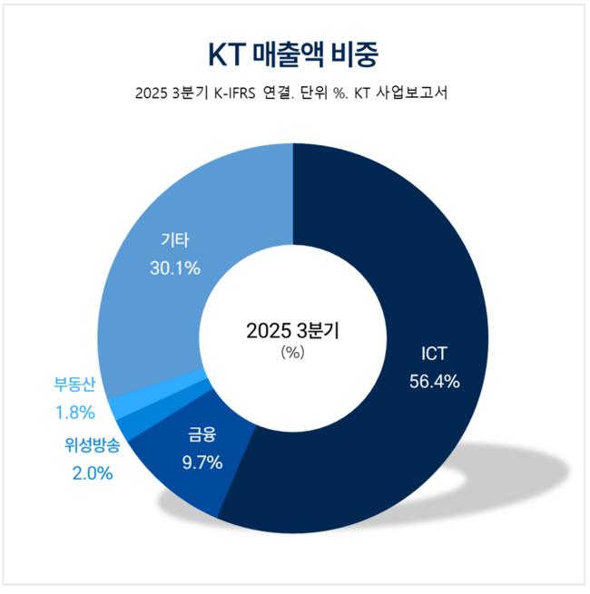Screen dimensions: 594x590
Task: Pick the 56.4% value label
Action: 434,381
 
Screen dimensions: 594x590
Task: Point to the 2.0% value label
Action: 90,472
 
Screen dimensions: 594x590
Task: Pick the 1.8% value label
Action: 75,412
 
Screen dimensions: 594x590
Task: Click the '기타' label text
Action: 176,240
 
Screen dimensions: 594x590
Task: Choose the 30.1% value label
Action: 176,268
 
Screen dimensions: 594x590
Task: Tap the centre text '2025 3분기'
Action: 292,331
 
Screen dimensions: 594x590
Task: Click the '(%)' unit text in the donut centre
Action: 292,352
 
